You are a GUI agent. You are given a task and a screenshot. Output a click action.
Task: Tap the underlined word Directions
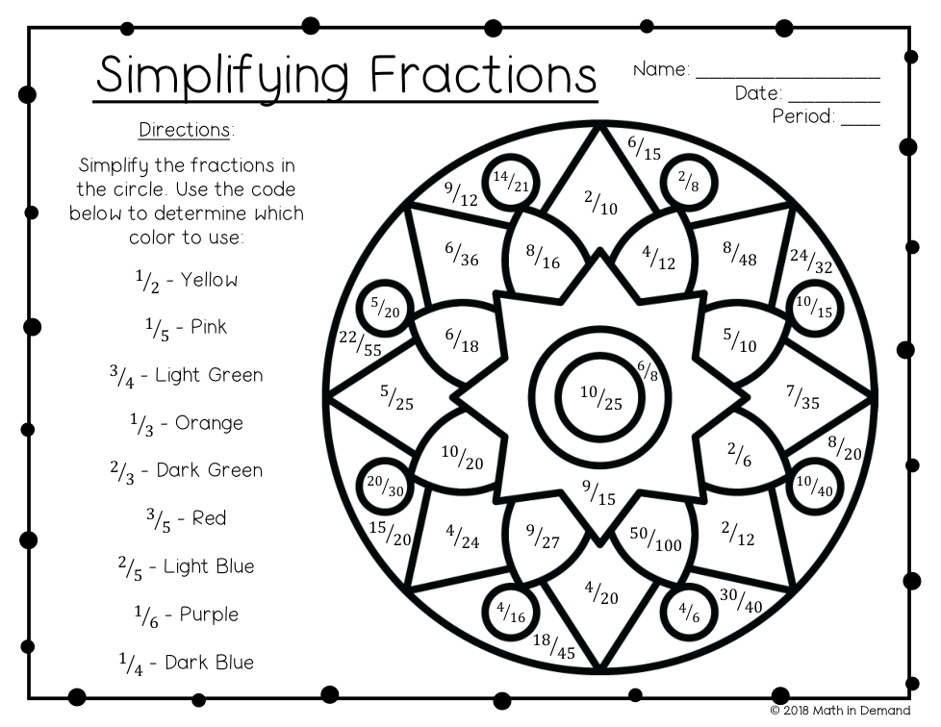[186, 129]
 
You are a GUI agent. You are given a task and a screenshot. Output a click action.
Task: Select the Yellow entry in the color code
[186, 281]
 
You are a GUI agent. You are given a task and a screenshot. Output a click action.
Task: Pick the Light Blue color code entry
[186, 567]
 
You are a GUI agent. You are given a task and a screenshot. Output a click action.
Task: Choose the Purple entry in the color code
[186, 614]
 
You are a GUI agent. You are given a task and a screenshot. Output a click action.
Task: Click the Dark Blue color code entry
[186, 663]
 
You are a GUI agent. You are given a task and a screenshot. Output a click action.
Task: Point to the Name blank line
[787, 73]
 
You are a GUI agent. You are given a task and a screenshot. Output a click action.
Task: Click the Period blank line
[860, 121]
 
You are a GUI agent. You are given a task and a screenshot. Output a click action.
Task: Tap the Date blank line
[833, 97]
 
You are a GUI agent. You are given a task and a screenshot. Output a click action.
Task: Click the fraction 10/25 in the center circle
[600, 397]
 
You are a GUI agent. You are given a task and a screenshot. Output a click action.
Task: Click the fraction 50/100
[655, 539]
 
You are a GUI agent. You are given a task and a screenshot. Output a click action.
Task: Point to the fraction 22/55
[360, 343]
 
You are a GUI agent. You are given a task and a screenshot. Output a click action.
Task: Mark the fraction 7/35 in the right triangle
[802, 396]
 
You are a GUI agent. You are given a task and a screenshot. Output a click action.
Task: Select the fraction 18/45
[553, 646]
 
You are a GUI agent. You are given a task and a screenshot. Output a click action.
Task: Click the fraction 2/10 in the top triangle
[601, 202]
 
